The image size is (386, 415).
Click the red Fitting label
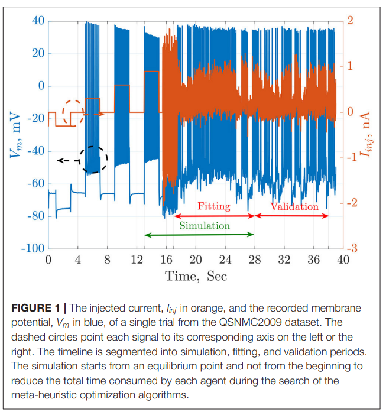pos(214,207)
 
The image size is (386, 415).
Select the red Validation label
pos(294,207)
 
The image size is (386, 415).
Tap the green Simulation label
pos(205,226)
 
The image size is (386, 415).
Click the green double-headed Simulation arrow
pos(199,235)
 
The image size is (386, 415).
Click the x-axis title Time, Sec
pos(196,276)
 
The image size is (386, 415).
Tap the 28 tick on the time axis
pos(255,260)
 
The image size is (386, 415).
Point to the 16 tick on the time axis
pos(166,260)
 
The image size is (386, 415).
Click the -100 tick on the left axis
pos(33,248)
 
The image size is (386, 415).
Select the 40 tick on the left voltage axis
pos(38,21)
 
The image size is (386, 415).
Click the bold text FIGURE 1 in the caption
pos(37,309)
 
